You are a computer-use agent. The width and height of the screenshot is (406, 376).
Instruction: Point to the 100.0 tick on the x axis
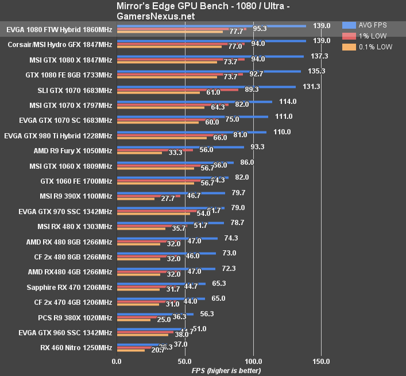coord(253,361)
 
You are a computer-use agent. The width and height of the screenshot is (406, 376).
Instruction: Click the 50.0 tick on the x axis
coord(184,361)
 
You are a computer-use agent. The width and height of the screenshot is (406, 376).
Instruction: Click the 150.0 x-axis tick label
coord(321,361)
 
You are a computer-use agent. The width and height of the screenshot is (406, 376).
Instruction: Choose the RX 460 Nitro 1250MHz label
coord(76,347)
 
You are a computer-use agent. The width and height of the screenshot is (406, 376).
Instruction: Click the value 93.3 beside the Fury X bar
coord(257,146)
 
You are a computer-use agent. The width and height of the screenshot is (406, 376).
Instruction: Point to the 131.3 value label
coord(311,86)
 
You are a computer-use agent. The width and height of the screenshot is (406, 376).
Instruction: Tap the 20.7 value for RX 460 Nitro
coord(158,350)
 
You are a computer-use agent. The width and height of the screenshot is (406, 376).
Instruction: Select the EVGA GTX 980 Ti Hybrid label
coord(58,135)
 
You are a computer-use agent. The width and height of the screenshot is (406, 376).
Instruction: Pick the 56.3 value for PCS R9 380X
coord(207,313)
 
